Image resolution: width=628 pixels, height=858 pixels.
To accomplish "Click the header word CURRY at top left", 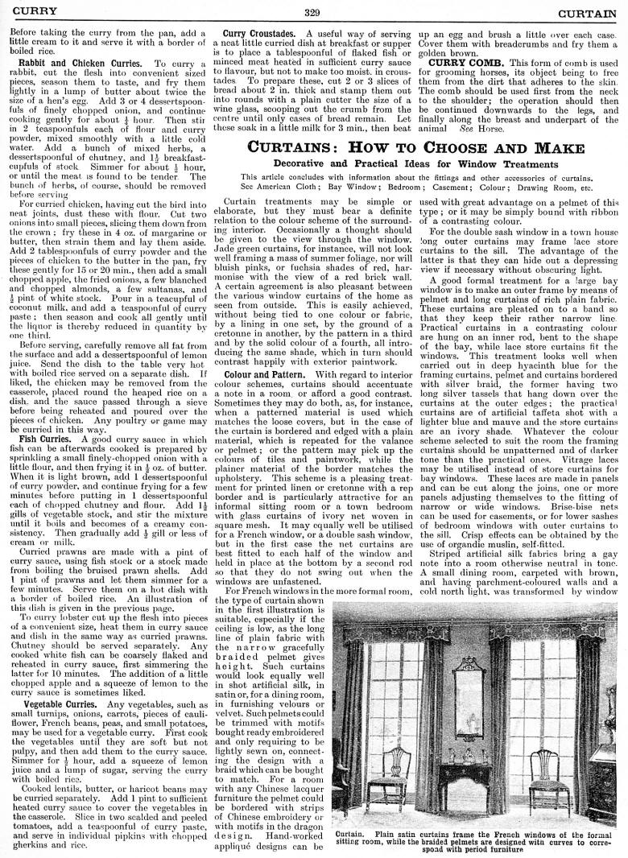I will pos(29,11).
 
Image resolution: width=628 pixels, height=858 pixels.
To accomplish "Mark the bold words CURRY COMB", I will pos(464,63).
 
